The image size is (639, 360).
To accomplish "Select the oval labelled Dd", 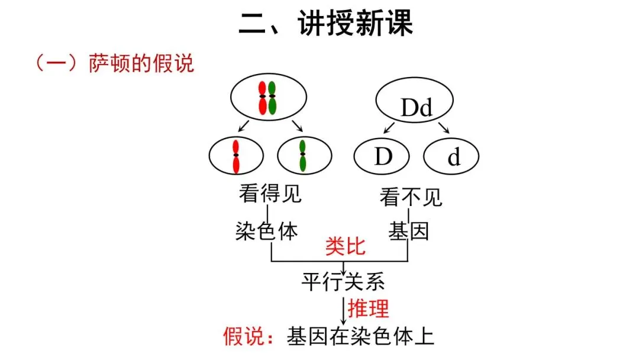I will coord(417,104).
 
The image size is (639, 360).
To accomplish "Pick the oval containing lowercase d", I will coord(451,157).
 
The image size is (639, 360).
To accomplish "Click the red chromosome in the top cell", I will coord(262,97).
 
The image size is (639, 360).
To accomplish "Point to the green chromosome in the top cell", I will coord(272,97).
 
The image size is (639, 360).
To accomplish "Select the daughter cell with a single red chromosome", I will coord(236,156).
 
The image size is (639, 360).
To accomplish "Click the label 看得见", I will coord(270,194).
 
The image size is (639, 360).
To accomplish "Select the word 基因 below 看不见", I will coord(408,231).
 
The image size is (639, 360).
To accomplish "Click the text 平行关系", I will coord(343,282).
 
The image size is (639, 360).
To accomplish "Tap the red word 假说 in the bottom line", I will coord(243,337).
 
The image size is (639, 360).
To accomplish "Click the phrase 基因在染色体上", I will coord(361,337).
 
